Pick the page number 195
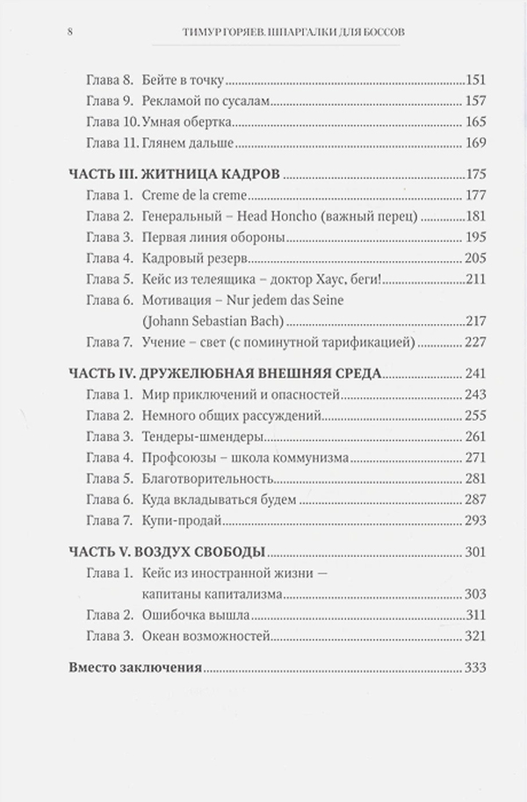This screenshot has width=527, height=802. point(474,238)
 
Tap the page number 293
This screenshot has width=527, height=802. point(474,521)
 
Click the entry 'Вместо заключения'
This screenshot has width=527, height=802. point(134,668)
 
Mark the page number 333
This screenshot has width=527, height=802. point(474,668)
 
